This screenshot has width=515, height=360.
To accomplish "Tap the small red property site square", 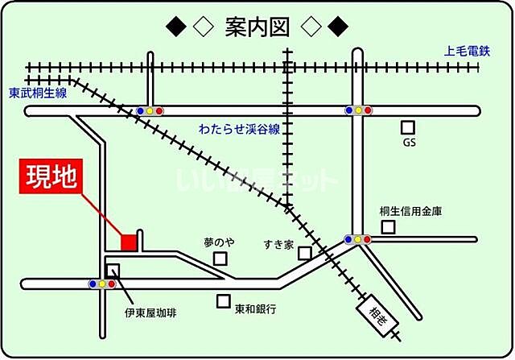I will point(128,241).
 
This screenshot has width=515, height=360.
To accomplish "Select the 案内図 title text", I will point(257,28).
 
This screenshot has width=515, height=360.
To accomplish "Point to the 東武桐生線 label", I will point(38,93).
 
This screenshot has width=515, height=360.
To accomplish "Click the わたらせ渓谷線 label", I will point(240,129).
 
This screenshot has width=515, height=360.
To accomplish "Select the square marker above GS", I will point(409,127).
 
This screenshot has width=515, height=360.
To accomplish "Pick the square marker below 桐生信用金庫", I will point(389,227).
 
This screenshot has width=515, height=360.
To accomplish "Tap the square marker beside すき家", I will point(304,253).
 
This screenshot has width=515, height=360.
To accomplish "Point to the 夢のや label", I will point(219,242).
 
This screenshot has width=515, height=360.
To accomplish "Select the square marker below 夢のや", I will point(220,259).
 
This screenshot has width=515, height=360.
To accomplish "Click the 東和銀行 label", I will point(256,308).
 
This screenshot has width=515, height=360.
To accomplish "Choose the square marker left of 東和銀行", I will point(224,301).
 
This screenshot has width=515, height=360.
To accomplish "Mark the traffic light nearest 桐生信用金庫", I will point(358,239).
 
